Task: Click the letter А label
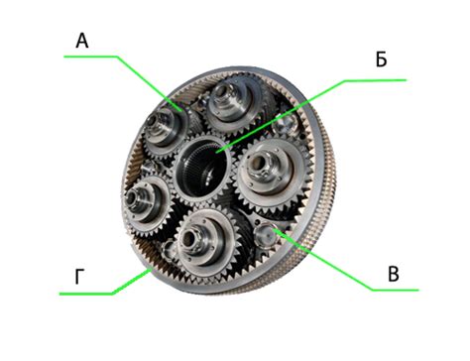(x=82, y=42)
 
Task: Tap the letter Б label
(x=381, y=60)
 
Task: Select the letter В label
(x=394, y=274)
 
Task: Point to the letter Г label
(x=78, y=277)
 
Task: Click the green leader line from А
(x=122, y=82)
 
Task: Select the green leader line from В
(x=344, y=261)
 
